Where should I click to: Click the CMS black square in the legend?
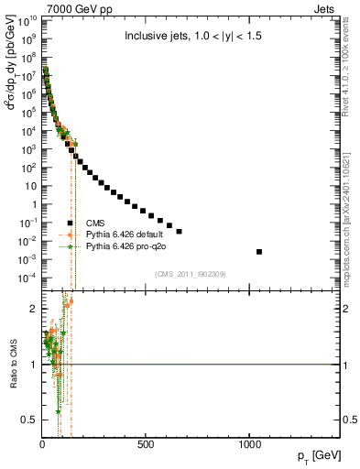tap(70, 223)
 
